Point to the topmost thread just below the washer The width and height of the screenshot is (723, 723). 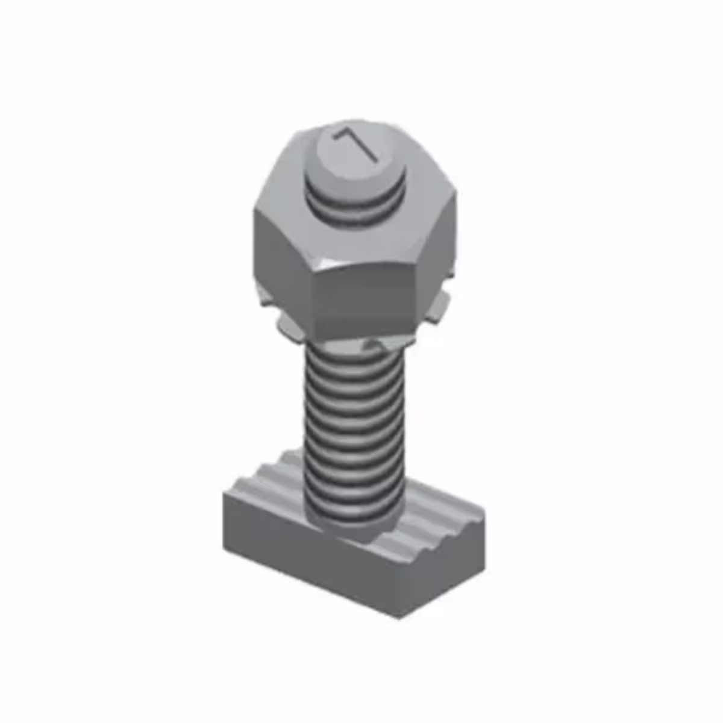[349, 355]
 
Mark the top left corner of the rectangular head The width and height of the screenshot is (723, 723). [224, 496]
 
